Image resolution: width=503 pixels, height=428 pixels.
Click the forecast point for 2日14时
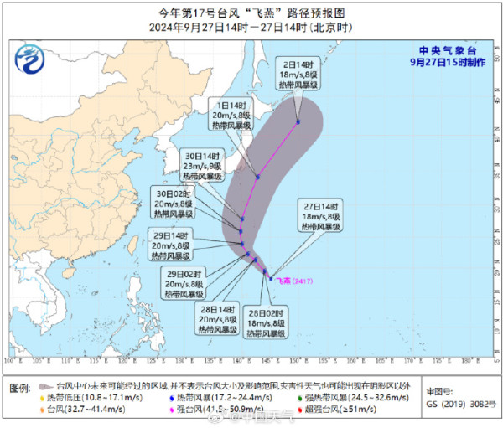(298, 123)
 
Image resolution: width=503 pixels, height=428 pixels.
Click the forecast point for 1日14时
(257, 177)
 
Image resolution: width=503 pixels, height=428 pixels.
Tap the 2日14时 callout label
(299, 75)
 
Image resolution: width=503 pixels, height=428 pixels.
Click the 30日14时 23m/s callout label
(203, 166)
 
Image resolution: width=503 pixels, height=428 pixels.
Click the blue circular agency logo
(30, 59)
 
